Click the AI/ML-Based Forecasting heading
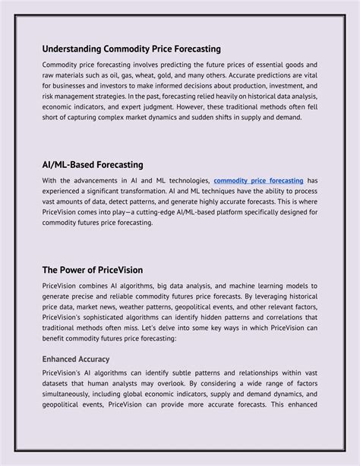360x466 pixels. [x=93, y=164]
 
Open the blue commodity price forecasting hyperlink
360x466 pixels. [x=258, y=180]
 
